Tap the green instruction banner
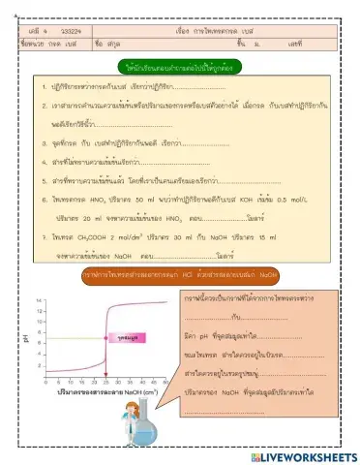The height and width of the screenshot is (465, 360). (180, 69)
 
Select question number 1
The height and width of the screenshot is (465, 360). (45, 88)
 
